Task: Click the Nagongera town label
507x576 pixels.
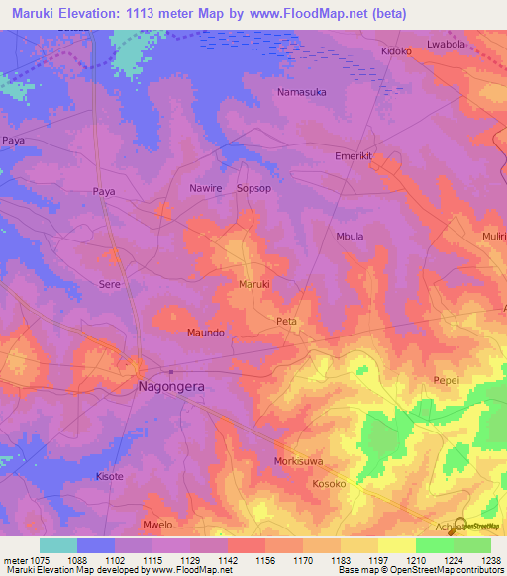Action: click(170, 388)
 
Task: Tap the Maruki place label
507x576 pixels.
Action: click(254, 285)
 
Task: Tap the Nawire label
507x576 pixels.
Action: click(207, 187)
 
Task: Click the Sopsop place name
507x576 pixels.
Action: click(253, 187)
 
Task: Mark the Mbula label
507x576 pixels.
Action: click(351, 237)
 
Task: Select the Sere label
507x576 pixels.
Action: click(109, 283)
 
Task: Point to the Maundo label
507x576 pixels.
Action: click(206, 333)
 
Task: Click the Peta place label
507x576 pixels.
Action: click(287, 322)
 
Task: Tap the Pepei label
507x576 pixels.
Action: click(446, 380)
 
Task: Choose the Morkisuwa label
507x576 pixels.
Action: click(299, 462)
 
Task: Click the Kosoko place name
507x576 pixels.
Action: click(330, 484)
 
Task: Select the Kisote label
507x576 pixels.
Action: click(110, 477)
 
